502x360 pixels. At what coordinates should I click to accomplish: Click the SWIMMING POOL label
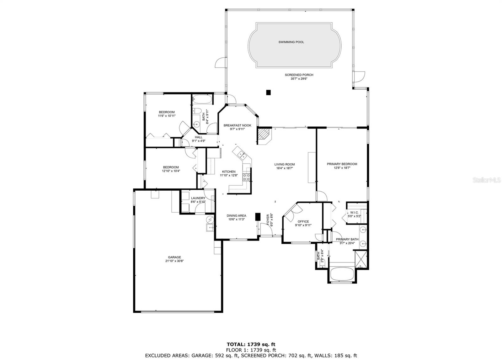click(291, 42)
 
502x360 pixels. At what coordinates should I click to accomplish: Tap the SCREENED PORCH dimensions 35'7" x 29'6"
click(299, 79)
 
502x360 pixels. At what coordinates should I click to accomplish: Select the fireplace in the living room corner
click(264, 136)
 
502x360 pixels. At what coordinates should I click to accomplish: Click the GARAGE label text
click(174, 257)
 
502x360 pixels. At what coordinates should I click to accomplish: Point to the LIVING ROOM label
click(285, 164)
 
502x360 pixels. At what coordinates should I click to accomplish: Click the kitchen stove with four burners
click(246, 177)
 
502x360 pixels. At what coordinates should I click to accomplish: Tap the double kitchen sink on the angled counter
click(242, 155)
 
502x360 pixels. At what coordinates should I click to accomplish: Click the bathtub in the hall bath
click(202, 99)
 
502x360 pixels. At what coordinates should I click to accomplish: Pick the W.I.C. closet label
click(354, 212)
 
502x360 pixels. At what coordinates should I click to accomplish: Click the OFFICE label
click(303, 222)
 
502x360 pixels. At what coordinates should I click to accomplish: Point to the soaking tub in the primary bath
click(342, 274)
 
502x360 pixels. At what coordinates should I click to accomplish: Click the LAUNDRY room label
click(198, 198)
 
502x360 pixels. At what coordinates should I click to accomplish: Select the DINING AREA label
click(237, 216)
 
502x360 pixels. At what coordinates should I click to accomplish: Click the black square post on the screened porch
click(268, 92)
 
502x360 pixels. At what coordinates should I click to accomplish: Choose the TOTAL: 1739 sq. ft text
click(251, 344)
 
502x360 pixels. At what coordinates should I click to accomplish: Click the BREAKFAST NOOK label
click(237, 125)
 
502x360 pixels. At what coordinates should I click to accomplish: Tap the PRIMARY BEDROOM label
click(342, 164)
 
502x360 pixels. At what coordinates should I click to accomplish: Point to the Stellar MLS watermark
click(487, 180)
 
